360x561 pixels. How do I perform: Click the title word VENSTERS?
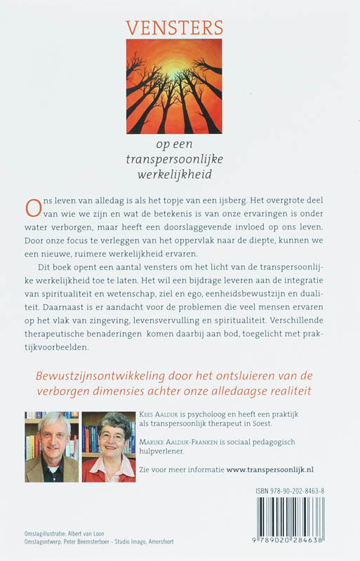click(174, 28)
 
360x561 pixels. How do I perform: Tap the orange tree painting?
click(174, 86)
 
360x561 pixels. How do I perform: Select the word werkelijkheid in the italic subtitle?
click(175, 173)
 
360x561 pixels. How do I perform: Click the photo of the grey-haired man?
click(51, 447)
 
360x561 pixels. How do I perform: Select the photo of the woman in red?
click(109, 447)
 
